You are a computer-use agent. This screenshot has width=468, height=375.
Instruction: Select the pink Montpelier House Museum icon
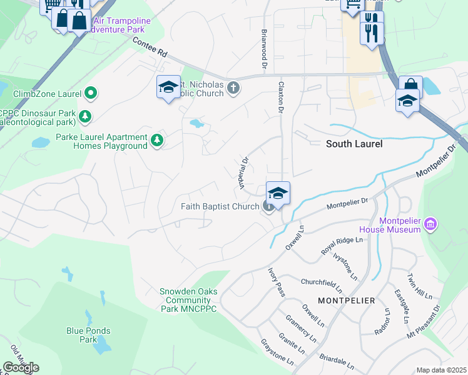coord(430,224)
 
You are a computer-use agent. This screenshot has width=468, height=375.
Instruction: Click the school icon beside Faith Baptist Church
coord(278,193)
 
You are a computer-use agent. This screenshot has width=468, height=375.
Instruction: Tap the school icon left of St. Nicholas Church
coord(168,87)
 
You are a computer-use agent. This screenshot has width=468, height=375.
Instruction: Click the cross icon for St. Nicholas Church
coord(233,87)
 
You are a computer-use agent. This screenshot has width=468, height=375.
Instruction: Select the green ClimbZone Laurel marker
coord(91,94)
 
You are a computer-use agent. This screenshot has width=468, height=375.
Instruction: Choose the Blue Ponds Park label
coord(88,335)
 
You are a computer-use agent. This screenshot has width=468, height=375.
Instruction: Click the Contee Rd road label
coord(150,47)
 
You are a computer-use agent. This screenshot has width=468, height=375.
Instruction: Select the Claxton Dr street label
coord(281,97)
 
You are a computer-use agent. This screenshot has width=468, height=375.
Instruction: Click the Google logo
coord(21,367)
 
